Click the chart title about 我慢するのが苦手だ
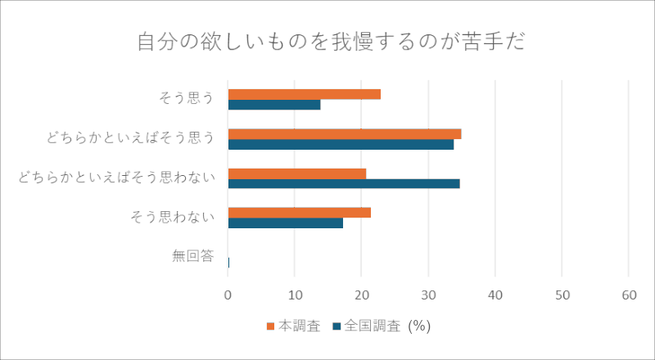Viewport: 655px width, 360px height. tap(331, 43)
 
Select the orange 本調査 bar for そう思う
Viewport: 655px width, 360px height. tap(304, 94)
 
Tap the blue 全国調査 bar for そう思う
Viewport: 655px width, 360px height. tap(274, 105)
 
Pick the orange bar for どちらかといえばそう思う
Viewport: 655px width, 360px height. tap(345, 134)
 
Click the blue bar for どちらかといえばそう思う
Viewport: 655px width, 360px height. tap(341, 144)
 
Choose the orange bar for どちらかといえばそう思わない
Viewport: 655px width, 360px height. tap(297, 173)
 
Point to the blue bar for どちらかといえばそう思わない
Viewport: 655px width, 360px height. tap(344, 184)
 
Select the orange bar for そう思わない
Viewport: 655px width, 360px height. tap(300, 213)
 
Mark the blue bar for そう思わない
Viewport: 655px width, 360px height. tap(285, 223)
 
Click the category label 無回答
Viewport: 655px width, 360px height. tap(193, 255)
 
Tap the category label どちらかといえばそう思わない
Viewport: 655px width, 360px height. tap(116, 177)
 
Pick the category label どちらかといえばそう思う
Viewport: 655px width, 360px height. tap(131, 137)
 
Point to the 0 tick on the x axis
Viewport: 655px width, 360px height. tap(228, 295)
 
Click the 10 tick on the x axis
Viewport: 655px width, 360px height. tap(295, 295)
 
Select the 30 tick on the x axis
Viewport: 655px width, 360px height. tap(428, 295)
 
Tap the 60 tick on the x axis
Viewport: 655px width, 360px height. tap(629, 295)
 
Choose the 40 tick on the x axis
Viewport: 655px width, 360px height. tap(495, 295)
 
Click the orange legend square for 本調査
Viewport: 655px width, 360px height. tap(270, 326)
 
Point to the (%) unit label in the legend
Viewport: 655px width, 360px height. tap(419, 326)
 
